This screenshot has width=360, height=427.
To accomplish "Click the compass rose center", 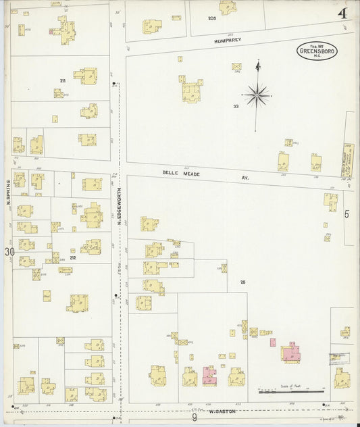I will (x=257, y=95).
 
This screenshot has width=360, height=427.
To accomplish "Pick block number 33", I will (x=236, y=106).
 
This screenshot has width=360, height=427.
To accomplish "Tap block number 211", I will (x=62, y=81).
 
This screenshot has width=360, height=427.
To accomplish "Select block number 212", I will (x=72, y=257).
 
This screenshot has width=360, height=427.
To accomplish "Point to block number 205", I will (x=211, y=18).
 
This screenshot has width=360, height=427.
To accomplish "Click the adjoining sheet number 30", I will (x=9, y=252).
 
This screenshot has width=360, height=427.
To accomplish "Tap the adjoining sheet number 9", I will (x=194, y=418).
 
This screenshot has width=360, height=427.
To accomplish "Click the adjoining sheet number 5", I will (x=346, y=214).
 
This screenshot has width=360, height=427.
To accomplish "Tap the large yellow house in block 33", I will (x=190, y=89).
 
